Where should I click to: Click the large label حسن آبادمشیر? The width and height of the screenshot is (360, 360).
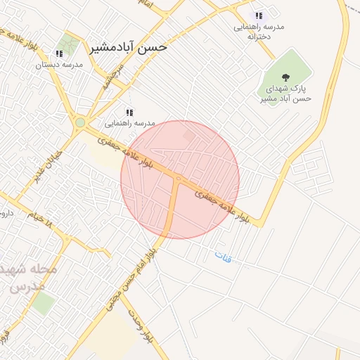click(128, 48)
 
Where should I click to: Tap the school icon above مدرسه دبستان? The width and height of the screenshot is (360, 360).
click(58, 53)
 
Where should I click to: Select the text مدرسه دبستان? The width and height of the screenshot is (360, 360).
click(60, 64)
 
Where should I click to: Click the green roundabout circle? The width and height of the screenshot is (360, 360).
click(80, 123)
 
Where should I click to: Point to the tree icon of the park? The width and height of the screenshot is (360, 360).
click(285, 78)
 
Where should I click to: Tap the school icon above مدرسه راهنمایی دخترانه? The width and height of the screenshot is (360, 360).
click(259, 15)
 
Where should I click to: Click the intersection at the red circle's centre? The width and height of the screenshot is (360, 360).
click(179, 179)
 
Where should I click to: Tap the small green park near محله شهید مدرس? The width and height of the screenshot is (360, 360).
click(43, 303)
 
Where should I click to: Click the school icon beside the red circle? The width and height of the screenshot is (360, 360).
click(129, 112)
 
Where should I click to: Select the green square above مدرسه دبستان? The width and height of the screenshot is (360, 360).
click(69, 44)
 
